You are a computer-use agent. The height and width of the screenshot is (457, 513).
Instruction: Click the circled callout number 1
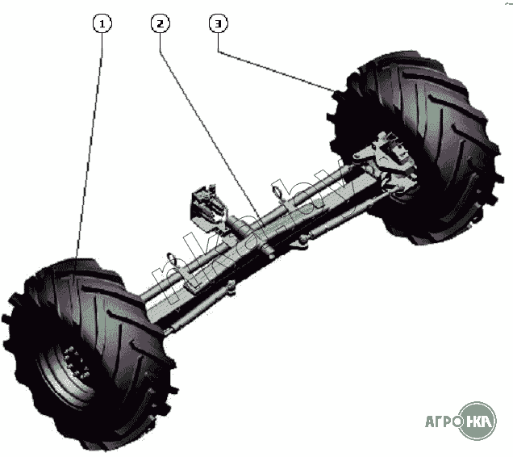[102, 23]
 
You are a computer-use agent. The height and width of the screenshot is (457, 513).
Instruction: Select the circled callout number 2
[161, 23]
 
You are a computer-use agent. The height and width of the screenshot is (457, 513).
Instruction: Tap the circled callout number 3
[218, 23]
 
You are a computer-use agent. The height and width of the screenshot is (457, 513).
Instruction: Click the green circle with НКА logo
[481, 420]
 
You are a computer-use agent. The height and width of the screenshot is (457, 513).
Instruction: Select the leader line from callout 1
[90, 145]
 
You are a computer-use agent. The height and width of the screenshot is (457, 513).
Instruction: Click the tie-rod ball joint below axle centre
[271, 255]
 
